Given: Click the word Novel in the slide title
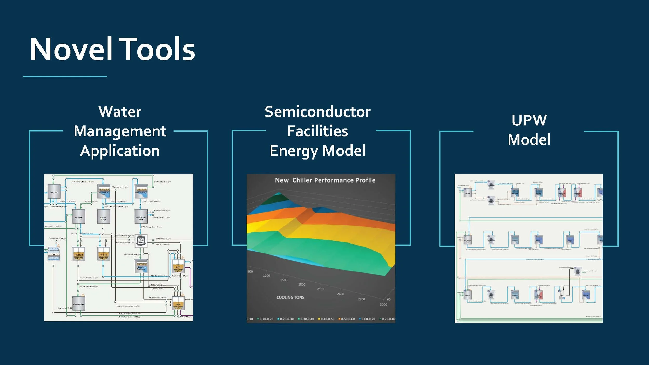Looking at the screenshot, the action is click(x=71, y=49).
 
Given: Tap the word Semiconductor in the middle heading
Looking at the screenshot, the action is click(x=317, y=112).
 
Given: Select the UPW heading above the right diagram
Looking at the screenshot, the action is click(x=529, y=120).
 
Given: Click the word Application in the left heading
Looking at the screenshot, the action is click(x=120, y=151).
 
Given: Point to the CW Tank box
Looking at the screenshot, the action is click(x=54, y=192).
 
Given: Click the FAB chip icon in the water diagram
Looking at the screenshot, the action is click(x=141, y=241).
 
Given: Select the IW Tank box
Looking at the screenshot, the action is click(x=78, y=217).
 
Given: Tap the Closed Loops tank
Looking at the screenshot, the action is click(x=103, y=217).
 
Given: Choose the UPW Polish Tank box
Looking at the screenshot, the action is click(x=141, y=217).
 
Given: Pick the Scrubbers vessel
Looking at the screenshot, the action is click(x=79, y=254).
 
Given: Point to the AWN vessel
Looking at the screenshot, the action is click(x=178, y=304).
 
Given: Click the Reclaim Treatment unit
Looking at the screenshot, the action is click(x=141, y=266).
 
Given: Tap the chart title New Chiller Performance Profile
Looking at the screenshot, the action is click(x=325, y=180).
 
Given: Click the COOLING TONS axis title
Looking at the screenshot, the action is click(x=290, y=297).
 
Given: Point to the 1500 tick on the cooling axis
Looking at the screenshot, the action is click(x=283, y=280).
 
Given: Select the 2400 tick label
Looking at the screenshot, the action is click(x=340, y=294).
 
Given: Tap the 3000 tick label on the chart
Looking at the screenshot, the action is click(x=383, y=305).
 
